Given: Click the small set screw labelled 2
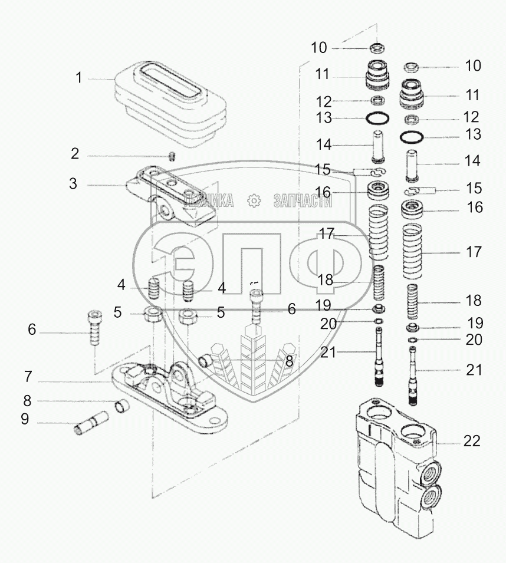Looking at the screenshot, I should (173, 156).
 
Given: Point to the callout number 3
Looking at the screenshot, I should (73, 184).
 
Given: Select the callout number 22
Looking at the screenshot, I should (472, 440).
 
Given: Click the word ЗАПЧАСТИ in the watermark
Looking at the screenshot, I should (303, 201).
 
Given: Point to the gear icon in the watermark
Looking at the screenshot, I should (255, 201).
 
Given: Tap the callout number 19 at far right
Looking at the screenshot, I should (475, 323).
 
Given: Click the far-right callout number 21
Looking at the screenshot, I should (474, 370).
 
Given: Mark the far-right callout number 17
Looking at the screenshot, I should (474, 252).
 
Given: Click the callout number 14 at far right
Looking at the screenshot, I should (472, 161).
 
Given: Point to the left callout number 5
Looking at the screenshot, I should (118, 312).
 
